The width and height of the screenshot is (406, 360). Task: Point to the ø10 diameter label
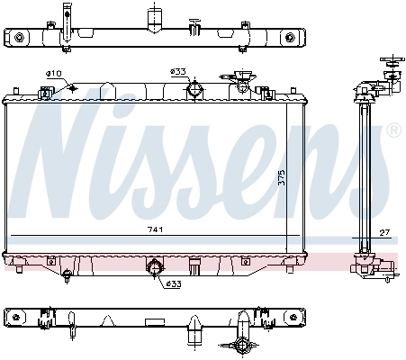[x=54, y=73]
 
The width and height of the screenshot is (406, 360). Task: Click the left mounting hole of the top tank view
[x=16, y=38]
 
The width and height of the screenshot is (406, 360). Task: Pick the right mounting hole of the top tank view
[x=289, y=38]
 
